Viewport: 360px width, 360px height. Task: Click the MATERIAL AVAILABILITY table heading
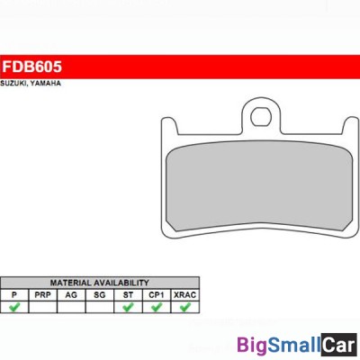click(99, 283)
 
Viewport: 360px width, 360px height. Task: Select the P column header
click(13, 294)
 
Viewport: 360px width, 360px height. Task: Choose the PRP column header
click(41, 294)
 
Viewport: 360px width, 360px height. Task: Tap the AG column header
click(70, 294)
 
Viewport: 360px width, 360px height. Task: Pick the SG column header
click(99, 294)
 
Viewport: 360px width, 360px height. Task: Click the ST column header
click(128, 294)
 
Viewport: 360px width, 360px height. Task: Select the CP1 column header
click(157, 294)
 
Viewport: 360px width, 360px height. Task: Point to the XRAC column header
click(185, 294)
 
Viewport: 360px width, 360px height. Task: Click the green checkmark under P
click(13, 307)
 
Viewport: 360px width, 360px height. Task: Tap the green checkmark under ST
click(128, 307)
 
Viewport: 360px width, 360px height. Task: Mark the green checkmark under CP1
click(157, 307)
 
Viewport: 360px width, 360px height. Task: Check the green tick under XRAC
click(185, 307)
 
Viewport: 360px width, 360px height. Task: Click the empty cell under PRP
click(41, 307)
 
